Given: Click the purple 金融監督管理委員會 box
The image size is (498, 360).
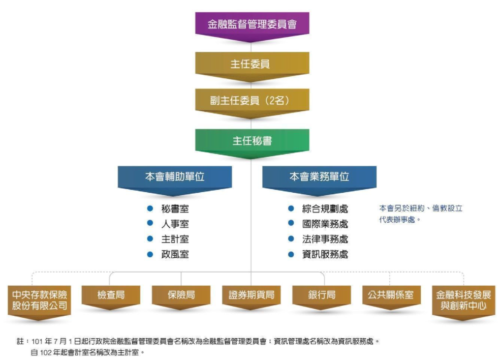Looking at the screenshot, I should [x=252, y=24].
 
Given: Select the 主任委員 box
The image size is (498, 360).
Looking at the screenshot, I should [x=252, y=64].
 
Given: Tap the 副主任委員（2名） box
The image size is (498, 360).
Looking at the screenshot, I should [x=252, y=101].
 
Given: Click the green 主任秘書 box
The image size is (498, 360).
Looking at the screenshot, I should [x=252, y=140].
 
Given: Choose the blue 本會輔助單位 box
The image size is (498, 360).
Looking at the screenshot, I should [x=175, y=177].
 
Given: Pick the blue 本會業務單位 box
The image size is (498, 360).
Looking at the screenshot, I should [x=319, y=177].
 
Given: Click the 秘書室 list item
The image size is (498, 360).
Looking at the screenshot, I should [x=175, y=209].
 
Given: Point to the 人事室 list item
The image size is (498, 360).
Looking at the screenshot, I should [x=175, y=224].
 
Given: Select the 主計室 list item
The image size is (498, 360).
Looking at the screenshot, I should [x=175, y=239].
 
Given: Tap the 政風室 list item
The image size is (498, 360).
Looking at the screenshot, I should [x=175, y=255].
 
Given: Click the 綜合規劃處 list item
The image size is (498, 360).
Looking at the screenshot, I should [x=325, y=209].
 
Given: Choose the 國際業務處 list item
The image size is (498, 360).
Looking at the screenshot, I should [x=325, y=224].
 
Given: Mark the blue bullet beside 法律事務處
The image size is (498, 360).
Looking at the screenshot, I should [x=291, y=239].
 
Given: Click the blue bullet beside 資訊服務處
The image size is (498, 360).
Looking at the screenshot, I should [x=291, y=254].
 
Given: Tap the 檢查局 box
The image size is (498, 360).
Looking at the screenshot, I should [x=111, y=295].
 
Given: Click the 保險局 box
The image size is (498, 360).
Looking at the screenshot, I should [x=181, y=295].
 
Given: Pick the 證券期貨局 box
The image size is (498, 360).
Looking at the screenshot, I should [x=252, y=295].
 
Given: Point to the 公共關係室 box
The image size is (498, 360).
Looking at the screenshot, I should [x=391, y=295].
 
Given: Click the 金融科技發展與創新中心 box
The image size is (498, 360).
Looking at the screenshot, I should [x=463, y=300].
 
